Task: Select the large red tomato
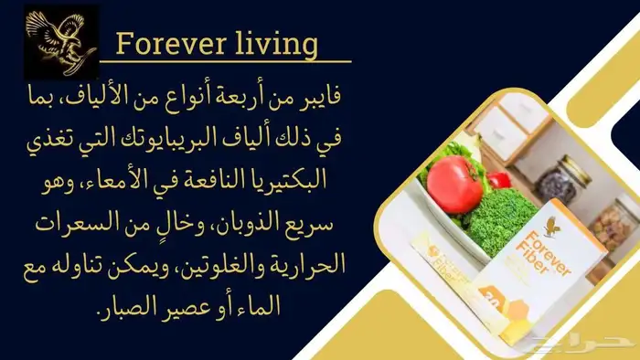[453, 184]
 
